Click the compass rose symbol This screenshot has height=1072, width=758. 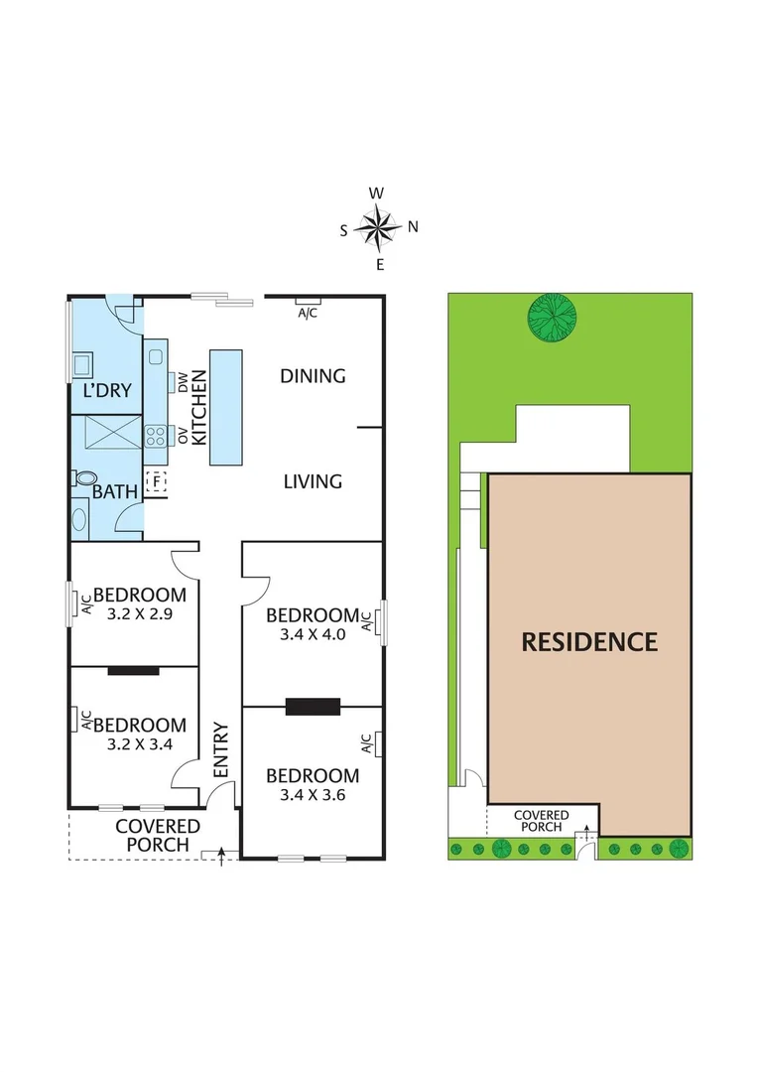[x=378, y=227]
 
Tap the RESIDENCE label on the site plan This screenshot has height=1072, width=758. [x=589, y=641]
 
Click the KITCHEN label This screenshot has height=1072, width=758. [x=198, y=407]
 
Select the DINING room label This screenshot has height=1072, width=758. [x=313, y=375]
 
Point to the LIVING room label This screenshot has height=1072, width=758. [x=313, y=481]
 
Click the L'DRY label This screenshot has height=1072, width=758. [x=107, y=390]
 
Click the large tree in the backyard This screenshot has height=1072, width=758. [x=553, y=318]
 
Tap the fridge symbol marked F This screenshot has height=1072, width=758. [x=155, y=482]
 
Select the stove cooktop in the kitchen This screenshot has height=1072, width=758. [x=157, y=434]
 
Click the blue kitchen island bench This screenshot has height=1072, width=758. [x=225, y=407]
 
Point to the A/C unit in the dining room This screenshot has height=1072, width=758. [x=308, y=301]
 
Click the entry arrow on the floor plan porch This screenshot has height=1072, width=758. [x=221, y=853]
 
